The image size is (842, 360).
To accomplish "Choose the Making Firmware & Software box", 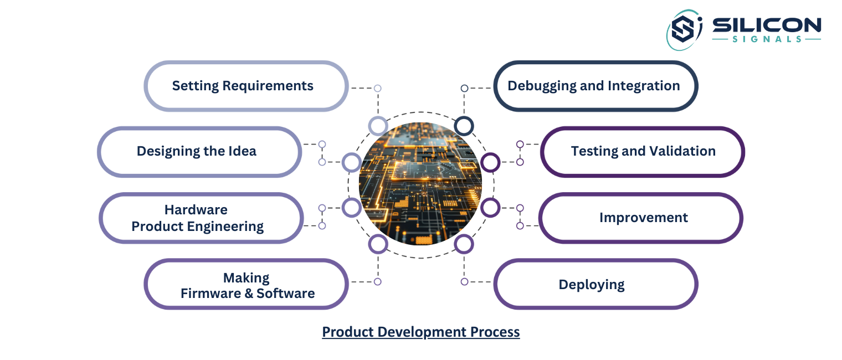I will tap(246, 284).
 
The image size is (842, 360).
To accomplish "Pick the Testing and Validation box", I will tap(642, 152).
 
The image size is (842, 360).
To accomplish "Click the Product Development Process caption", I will tap(421, 332).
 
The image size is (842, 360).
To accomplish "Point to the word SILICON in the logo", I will tap(766, 25).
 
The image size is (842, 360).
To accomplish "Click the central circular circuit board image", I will tap(420, 184).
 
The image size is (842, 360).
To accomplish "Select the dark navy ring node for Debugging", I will tap(464, 126).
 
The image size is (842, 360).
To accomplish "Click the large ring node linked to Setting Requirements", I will tap(378, 126).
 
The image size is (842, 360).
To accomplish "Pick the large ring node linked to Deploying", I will tap(464, 244).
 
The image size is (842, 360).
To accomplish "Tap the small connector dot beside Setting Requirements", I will tap(377, 88).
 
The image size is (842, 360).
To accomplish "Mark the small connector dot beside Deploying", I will tap(464, 281).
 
